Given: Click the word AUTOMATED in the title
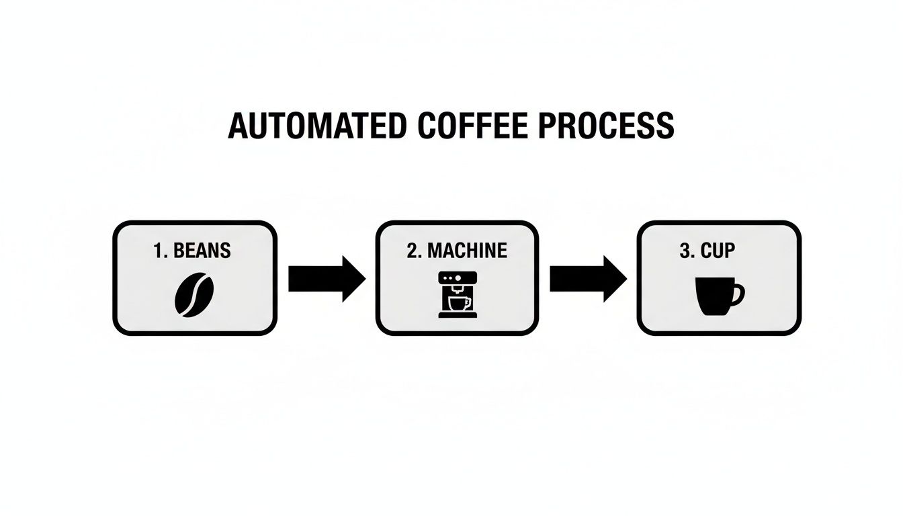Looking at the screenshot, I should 316,126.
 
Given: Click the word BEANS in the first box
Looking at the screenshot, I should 202,251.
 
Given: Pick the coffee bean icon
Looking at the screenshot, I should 194,294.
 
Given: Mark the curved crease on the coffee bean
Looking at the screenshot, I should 194,295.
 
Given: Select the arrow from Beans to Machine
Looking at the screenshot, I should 327,278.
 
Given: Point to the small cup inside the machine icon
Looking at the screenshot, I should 458,303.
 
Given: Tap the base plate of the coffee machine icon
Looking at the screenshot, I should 458,315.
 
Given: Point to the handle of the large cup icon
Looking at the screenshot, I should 738,294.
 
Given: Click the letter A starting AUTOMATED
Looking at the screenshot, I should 237,126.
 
